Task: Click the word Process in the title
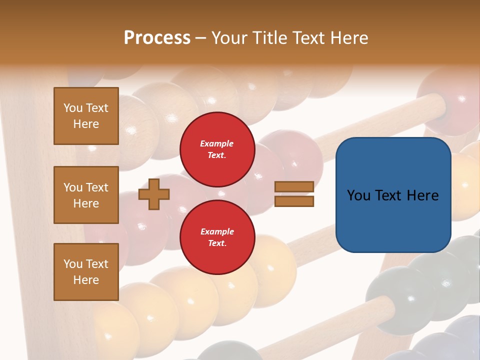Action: (x=157, y=38)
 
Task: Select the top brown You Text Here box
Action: (x=86, y=116)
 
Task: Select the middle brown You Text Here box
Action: (x=86, y=195)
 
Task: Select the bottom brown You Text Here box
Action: (x=86, y=272)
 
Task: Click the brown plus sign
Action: (x=154, y=194)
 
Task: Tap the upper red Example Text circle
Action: (x=217, y=149)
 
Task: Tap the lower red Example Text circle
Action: (x=217, y=237)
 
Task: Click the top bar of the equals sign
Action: (x=294, y=187)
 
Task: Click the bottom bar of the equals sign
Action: (x=294, y=201)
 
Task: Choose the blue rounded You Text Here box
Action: (x=393, y=195)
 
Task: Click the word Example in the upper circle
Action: (x=216, y=143)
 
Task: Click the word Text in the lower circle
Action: (x=217, y=243)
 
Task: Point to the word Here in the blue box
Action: (x=422, y=195)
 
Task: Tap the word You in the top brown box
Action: (x=73, y=108)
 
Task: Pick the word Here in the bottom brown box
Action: (x=86, y=280)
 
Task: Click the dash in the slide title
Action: (x=200, y=38)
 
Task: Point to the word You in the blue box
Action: (x=358, y=195)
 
